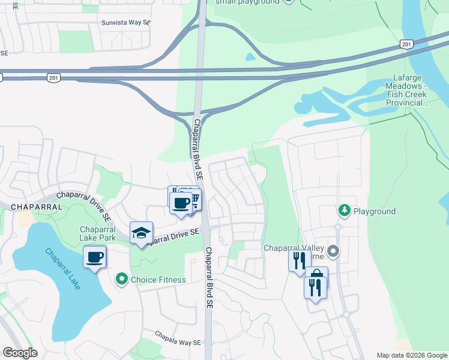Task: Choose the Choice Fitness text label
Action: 158,280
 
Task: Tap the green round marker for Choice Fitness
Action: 122,279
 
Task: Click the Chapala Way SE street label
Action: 177,339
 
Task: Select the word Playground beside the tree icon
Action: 374,211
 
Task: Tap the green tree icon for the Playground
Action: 345,211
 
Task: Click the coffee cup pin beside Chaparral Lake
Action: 95,257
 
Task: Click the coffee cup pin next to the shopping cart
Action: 181,202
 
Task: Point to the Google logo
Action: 20,353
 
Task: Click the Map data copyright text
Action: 412,355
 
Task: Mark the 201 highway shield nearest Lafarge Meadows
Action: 406,44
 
